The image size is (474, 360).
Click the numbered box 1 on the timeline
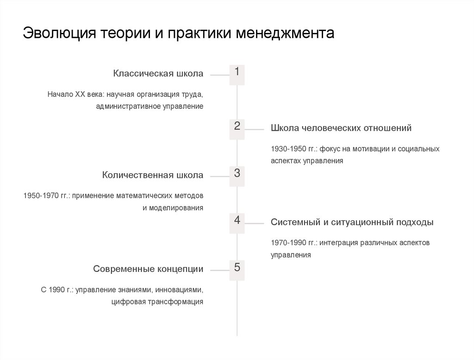(237, 75)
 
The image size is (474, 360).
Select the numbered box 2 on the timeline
(237, 129)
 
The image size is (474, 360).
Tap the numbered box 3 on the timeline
(237, 177)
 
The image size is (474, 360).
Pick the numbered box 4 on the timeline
(237, 223)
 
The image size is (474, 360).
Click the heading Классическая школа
(158, 74)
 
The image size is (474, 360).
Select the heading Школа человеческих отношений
(341, 128)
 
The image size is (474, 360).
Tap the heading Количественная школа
(153, 175)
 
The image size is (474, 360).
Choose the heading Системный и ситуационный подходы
(352, 222)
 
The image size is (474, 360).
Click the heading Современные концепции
(148, 269)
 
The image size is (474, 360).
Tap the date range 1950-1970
(41, 196)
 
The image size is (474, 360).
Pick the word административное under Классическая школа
(128, 106)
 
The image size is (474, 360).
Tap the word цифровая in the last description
(128, 302)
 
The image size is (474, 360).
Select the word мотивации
(363, 149)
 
